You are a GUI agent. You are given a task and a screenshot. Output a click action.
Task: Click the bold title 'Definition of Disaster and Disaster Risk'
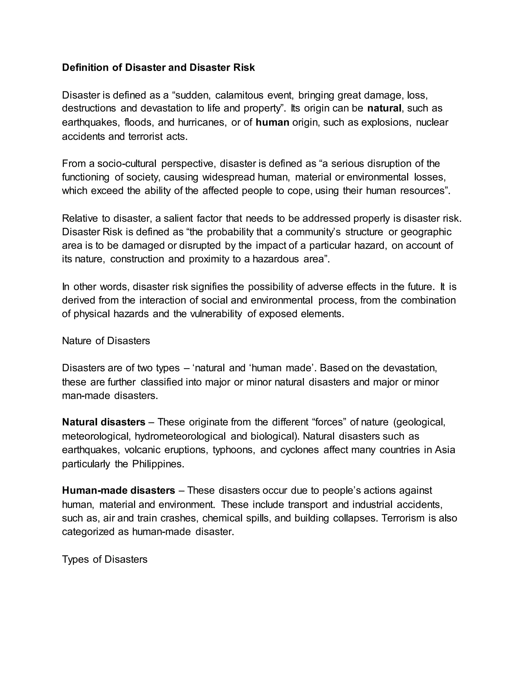158,67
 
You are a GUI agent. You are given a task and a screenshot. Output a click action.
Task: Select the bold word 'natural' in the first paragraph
384,108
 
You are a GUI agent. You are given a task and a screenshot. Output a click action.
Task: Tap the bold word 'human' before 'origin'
272,122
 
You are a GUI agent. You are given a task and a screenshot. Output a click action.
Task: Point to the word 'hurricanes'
202,122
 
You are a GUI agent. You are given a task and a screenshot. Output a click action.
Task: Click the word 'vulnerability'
216,314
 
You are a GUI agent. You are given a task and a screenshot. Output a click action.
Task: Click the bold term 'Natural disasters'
104,422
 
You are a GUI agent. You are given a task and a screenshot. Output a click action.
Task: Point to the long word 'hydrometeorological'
180,436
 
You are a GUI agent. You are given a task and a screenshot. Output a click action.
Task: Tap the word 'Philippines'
158,464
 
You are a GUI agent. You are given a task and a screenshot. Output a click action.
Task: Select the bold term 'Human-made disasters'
118,490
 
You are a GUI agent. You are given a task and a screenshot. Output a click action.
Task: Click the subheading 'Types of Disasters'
105,559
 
